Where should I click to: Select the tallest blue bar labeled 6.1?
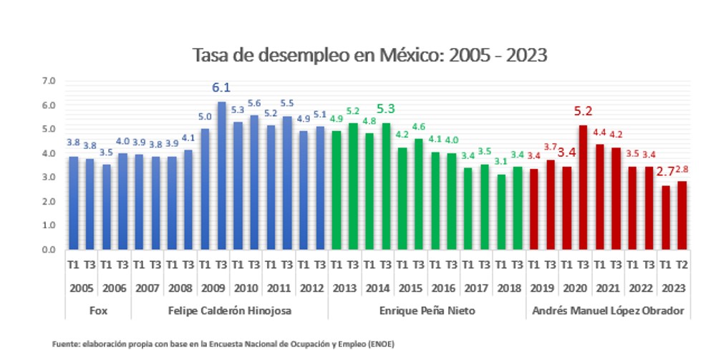(221, 175)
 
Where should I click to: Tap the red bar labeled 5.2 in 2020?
(583, 187)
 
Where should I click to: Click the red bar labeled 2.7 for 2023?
(666, 217)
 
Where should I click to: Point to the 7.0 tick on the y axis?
(49, 81)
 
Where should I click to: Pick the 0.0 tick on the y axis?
(49, 250)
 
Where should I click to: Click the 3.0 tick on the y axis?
(49, 177)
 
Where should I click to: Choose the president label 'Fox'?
(97, 311)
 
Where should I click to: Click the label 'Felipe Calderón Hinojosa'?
(229, 311)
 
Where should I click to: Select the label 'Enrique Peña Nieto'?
(427, 311)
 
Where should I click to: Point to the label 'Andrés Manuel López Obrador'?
(607, 311)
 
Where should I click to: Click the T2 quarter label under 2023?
(682, 264)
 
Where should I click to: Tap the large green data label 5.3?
(386, 108)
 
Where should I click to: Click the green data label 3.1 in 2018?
(500, 162)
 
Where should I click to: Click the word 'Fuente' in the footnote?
(63, 344)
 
